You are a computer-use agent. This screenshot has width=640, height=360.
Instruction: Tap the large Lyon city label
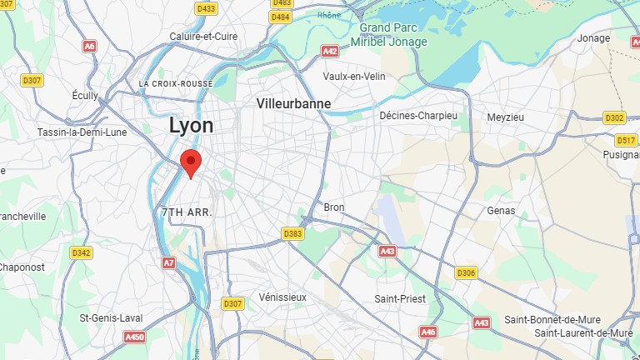point(191,126)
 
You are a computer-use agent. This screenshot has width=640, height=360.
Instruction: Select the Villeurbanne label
point(294,104)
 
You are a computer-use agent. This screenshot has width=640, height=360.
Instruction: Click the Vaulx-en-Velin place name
point(354,76)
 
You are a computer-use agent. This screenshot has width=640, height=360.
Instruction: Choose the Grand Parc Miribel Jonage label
point(388,35)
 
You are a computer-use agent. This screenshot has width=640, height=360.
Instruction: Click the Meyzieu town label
point(506,117)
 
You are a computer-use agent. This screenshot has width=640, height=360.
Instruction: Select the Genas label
point(502,211)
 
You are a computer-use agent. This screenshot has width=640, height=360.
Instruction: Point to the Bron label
point(333,207)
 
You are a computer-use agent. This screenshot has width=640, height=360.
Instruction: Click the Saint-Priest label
point(400,298)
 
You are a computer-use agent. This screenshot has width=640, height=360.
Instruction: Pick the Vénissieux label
point(283,297)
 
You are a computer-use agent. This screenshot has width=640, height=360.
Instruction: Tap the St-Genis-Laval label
point(111,317)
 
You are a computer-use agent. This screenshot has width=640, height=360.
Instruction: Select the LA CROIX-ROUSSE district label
point(176,84)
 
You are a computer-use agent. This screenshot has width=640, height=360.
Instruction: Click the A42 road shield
point(330,51)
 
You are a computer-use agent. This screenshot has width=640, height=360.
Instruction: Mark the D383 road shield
point(292,233)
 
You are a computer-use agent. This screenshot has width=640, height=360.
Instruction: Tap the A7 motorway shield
point(169,262)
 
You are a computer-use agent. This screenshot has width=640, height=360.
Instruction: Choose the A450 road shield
point(134,337)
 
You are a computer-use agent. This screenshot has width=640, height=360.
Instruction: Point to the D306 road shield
point(466,272)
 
